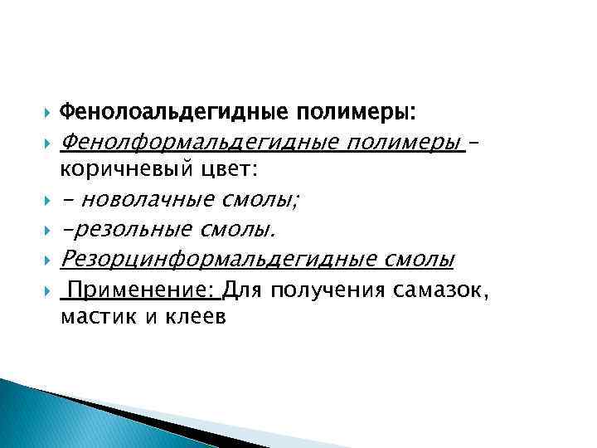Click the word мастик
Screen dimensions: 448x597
coord(91,317)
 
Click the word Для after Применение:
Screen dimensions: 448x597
coord(242,290)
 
